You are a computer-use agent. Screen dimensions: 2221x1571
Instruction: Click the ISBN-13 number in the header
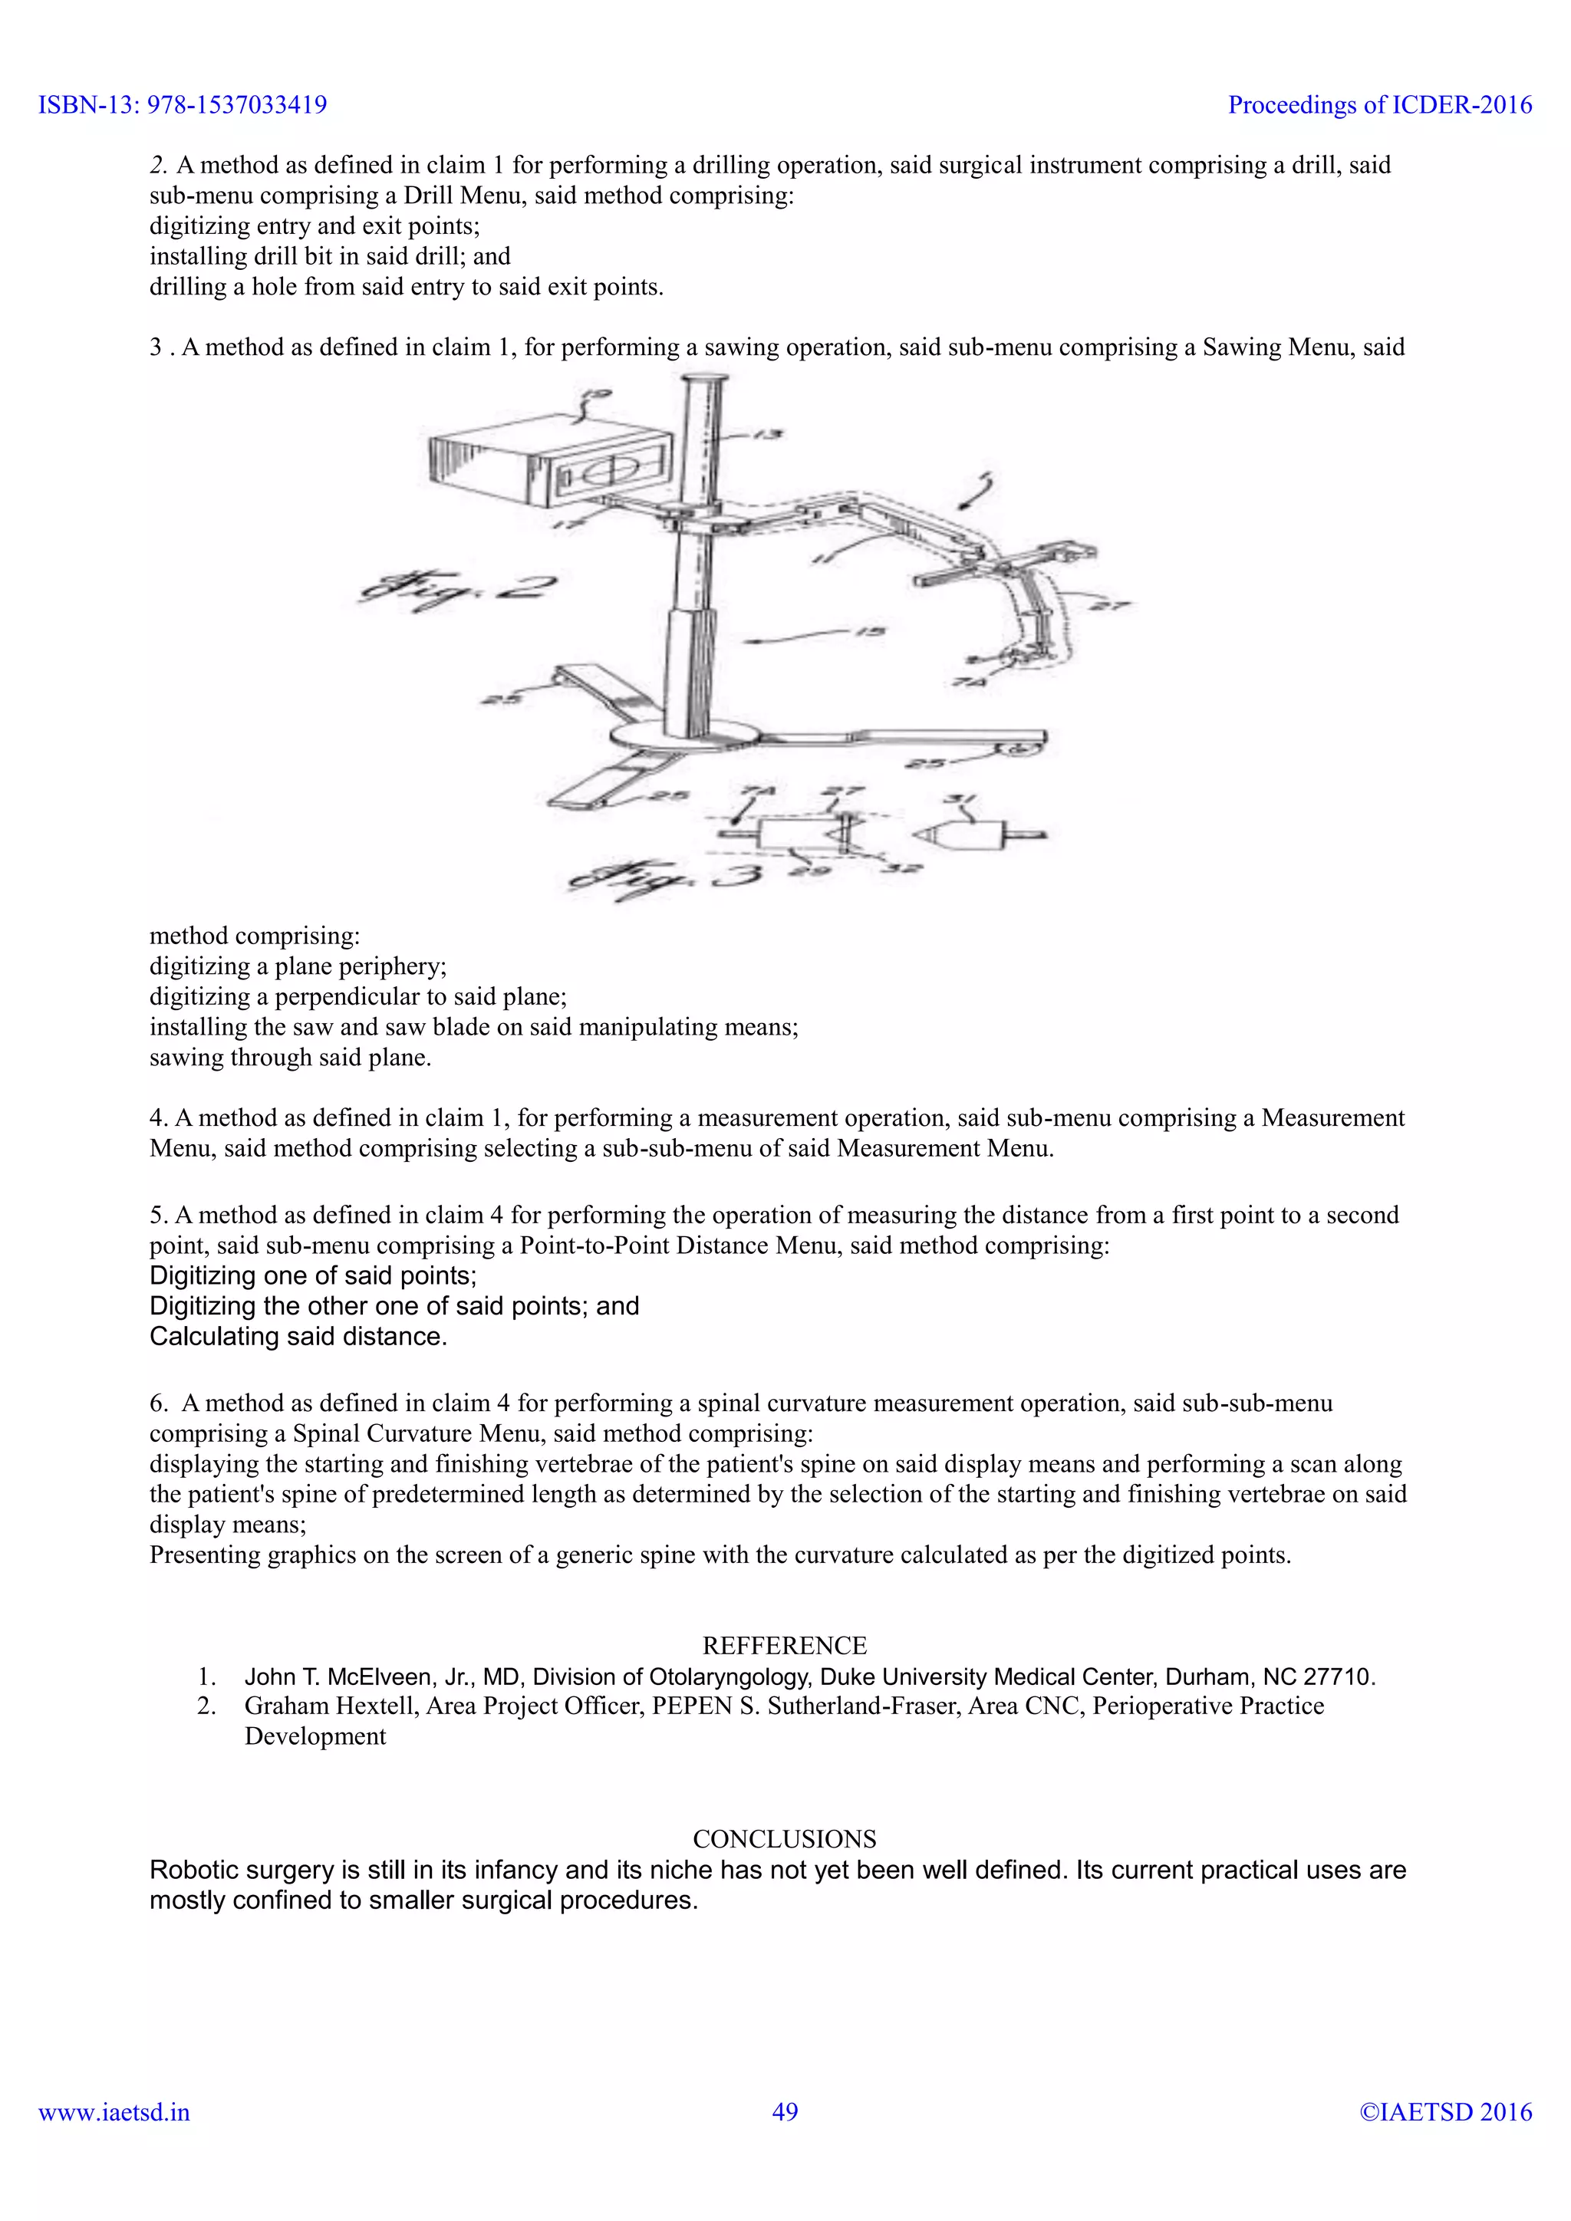237,104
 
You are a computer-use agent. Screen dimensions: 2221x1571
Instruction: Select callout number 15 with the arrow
871,632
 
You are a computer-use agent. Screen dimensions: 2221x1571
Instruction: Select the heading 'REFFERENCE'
785,1646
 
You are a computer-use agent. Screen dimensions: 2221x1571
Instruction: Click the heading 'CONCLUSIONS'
785,1839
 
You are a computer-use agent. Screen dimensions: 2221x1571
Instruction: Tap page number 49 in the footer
785,2111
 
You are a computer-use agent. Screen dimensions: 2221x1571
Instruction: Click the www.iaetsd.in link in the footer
114,2111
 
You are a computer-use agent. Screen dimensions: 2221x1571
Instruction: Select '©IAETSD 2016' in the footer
1445,2111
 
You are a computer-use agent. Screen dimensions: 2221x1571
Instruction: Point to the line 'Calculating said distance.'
298,1336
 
